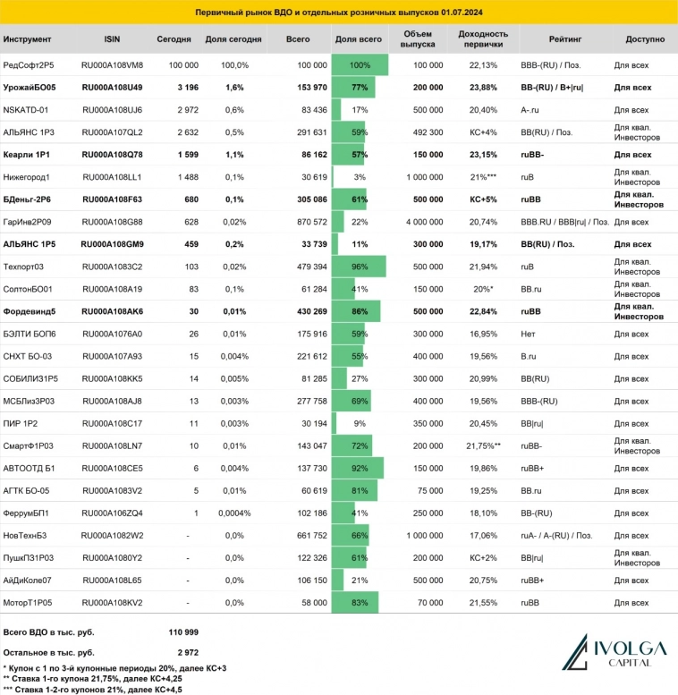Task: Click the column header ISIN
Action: pos(111,40)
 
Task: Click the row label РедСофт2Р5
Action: pos(30,65)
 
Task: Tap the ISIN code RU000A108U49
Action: pos(112,88)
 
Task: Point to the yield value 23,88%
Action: pos(483,88)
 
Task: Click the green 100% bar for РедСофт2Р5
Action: pos(360,65)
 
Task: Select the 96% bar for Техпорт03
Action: pos(359,267)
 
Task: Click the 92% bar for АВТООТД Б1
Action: pos(358,468)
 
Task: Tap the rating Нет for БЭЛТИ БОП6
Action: pos(528,334)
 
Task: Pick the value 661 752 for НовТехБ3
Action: pos(309,535)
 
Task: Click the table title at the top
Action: pos(338,13)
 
